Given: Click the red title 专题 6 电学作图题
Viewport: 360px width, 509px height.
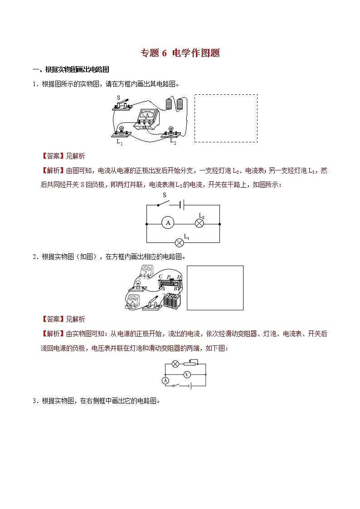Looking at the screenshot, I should pos(180,53).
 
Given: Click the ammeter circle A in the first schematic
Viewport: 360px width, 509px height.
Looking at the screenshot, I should pos(168,223).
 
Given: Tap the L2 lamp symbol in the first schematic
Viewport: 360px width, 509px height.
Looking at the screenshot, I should pos(199,223).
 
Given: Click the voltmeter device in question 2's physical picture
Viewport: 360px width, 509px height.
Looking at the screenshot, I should pos(146,272).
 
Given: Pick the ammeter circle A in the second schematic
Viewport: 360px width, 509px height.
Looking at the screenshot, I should pos(165,381).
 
